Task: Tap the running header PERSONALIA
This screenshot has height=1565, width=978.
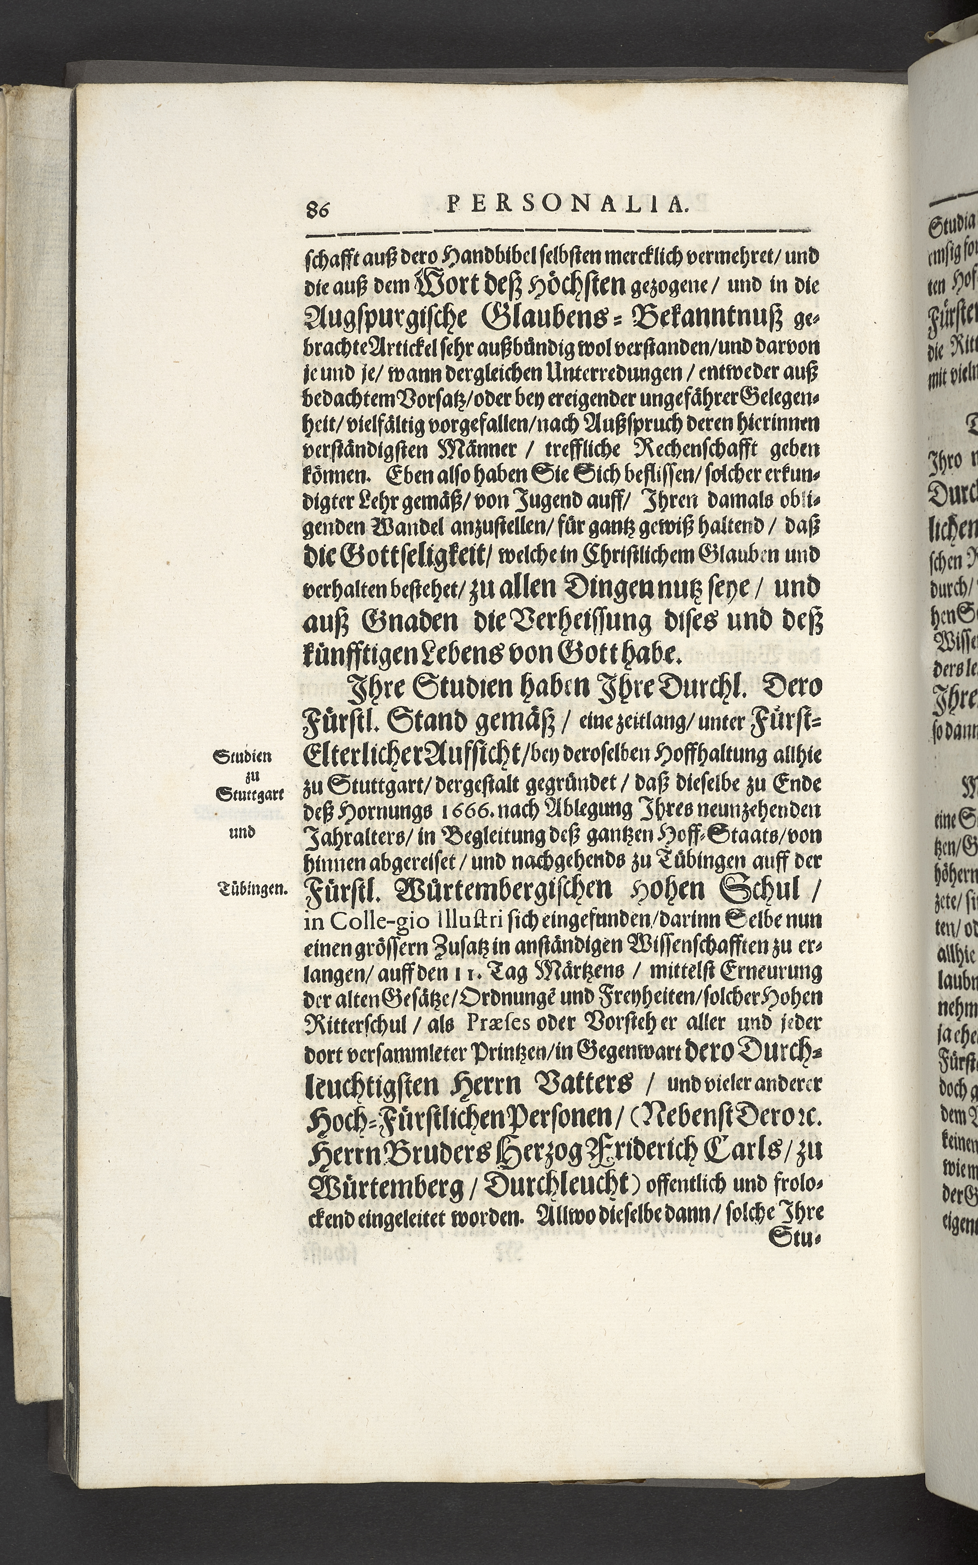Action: pos(566,206)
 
